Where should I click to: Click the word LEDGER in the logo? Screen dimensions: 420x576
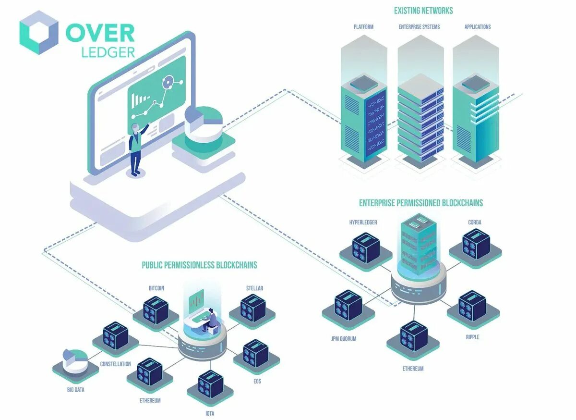pos(108,52)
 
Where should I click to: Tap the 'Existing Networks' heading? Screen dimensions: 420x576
pos(423,11)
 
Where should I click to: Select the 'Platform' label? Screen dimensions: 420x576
pos(363,27)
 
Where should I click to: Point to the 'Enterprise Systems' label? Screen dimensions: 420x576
pos(419,27)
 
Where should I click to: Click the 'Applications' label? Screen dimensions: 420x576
pos(477,27)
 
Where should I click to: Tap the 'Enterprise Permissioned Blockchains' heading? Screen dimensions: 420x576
pos(421,203)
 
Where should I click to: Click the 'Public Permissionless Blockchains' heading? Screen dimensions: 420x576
pos(199,265)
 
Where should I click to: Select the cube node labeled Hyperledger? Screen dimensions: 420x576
pos(366,248)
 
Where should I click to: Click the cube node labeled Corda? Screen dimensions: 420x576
pos(476,245)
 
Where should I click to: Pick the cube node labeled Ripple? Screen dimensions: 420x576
pos(472,306)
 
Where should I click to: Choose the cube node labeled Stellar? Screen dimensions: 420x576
pos(252,308)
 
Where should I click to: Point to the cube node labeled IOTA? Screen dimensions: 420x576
pos(211,385)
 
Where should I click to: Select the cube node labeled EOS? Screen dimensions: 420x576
pos(256,354)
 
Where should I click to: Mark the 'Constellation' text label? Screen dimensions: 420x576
pos(115,364)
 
